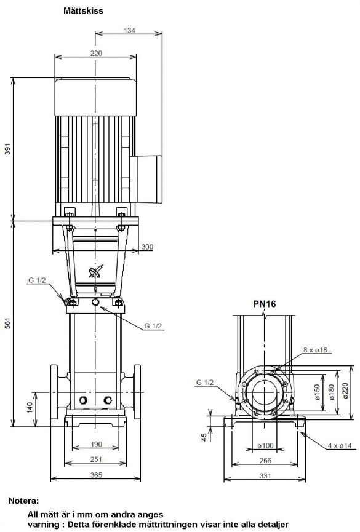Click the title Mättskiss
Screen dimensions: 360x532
tap(83, 11)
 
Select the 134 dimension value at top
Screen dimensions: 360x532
tap(129, 30)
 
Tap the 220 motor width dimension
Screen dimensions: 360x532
tap(96, 54)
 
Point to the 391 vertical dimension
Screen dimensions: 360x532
tap(7, 149)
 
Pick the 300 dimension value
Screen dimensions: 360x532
tap(148, 247)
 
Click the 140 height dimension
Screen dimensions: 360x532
tap(30, 408)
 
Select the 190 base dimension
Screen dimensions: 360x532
tap(96, 444)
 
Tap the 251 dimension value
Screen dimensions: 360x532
tap(96, 459)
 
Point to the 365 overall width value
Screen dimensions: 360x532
tap(96, 475)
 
